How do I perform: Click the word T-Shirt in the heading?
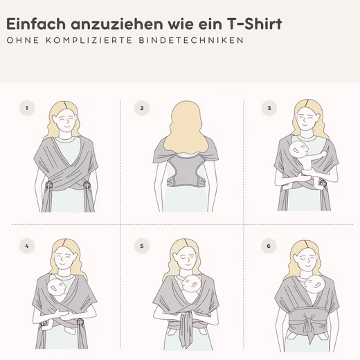(255, 24)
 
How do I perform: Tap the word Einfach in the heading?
(36, 24)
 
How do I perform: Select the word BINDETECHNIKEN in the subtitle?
(191, 40)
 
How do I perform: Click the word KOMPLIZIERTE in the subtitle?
(89, 40)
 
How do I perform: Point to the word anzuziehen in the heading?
(117, 24)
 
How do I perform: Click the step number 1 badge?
(27, 108)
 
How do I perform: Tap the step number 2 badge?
(142, 108)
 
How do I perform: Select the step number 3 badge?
(269, 108)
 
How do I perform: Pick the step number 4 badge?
(27, 246)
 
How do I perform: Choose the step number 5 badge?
(142, 246)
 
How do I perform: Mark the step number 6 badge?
(269, 246)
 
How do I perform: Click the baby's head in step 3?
(298, 150)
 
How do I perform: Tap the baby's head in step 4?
(57, 287)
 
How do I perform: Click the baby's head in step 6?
(314, 285)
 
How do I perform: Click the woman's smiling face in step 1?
(66, 120)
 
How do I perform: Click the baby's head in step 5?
(192, 284)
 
